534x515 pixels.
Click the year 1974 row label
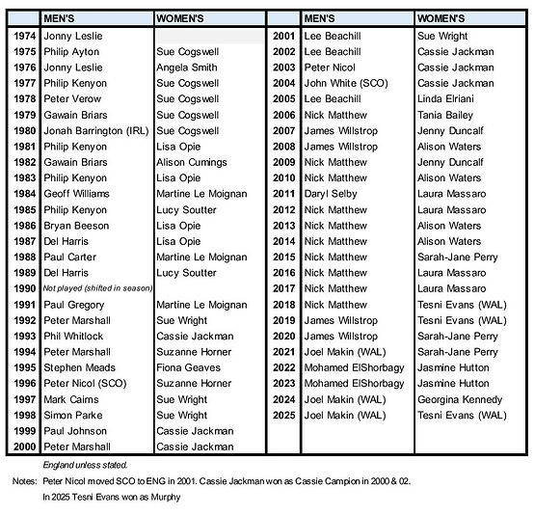(23, 36)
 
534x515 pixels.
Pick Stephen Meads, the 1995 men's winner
(80, 367)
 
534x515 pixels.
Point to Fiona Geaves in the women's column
(189, 367)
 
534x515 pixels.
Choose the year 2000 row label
(23, 447)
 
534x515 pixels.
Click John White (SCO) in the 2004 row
(345, 83)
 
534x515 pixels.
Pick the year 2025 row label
(283, 415)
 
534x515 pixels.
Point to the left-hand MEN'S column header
(65, 18)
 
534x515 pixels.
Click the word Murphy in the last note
(164, 497)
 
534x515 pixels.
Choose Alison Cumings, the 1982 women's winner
(191, 162)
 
